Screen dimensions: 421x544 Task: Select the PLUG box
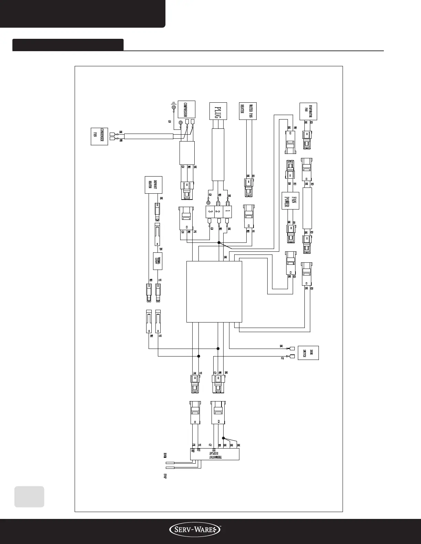pyautogui.click(x=218, y=111)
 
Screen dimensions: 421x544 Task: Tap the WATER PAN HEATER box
pyautogui.click(x=248, y=111)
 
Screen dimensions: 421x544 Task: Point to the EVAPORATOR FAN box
pyautogui.click(x=308, y=111)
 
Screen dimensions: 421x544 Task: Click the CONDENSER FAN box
pyautogui.click(x=99, y=136)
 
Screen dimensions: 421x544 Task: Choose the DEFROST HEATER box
pyautogui.click(x=153, y=185)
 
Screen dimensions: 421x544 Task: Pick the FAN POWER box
pyautogui.click(x=290, y=200)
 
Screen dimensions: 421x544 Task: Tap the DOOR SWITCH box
pyautogui.click(x=308, y=353)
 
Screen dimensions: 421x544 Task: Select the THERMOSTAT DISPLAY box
pyautogui.click(x=215, y=455)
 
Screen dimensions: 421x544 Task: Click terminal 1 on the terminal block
pyautogui.click(x=227, y=211)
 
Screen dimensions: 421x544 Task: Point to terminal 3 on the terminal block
pyautogui.click(x=209, y=211)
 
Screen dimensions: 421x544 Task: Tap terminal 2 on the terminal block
pyautogui.click(x=218, y=211)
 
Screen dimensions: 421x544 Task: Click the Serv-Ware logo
pyautogui.click(x=195, y=532)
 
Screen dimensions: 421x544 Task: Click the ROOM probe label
pyautogui.click(x=165, y=456)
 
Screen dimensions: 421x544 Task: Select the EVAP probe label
pyautogui.click(x=165, y=476)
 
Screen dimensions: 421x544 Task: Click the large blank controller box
pyautogui.click(x=214, y=292)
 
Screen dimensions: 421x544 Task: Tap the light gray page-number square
pyautogui.click(x=29, y=497)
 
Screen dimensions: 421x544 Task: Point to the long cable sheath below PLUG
pyautogui.click(x=218, y=155)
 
